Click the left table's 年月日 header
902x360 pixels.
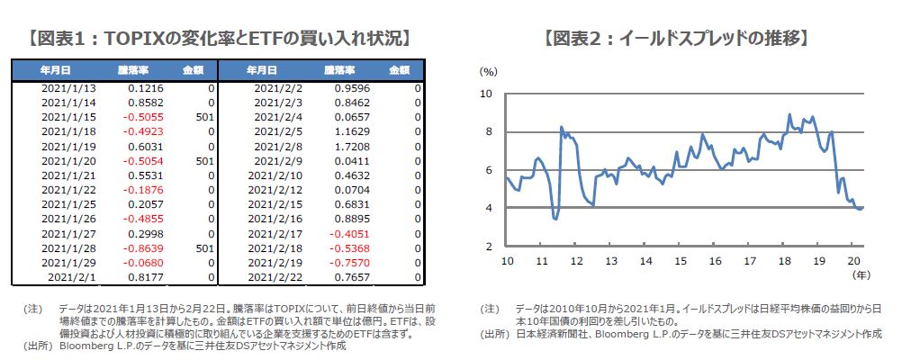point(55,69)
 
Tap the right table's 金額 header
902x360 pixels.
point(401,69)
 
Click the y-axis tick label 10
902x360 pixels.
point(485,93)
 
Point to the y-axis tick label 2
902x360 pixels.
point(488,247)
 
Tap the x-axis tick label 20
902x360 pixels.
point(853,261)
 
